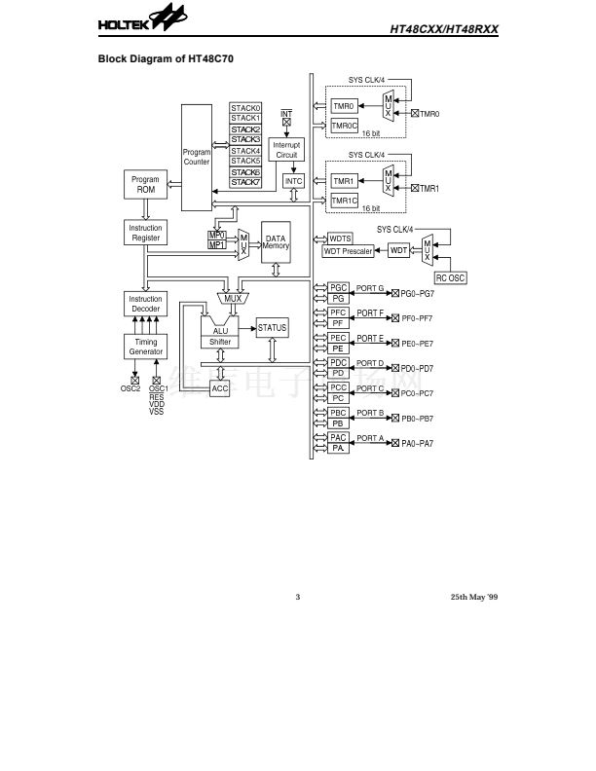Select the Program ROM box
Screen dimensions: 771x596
(x=145, y=185)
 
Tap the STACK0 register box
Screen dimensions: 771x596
(x=245, y=107)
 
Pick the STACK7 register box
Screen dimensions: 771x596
(x=245, y=182)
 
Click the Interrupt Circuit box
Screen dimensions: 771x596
(x=286, y=150)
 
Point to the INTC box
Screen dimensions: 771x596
(x=294, y=182)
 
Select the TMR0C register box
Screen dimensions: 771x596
(x=345, y=126)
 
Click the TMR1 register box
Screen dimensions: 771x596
(x=344, y=181)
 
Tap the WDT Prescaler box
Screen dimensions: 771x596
(x=348, y=251)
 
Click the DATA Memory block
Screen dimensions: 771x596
(x=276, y=242)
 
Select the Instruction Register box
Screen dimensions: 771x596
(x=145, y=233)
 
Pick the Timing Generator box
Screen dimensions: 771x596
(x=145, y=347)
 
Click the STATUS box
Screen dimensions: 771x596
(x=272, y=328)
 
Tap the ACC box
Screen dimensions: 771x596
(x=220, y=387)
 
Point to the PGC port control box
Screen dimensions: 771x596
(x=339, y=288)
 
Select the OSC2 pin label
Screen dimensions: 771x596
(x=130, y=389)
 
